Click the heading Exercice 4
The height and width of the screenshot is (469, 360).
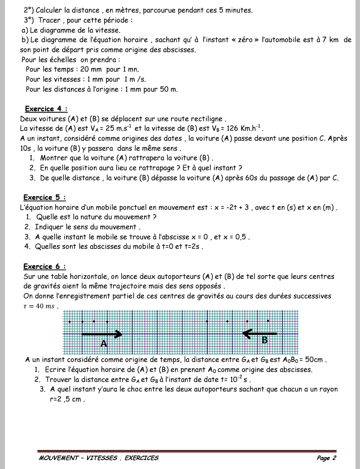pos(46,109)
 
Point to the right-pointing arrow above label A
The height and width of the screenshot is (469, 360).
pos(102,333)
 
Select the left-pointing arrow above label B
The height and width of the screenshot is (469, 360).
pos(260,333)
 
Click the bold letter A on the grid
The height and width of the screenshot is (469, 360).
pos(104,344)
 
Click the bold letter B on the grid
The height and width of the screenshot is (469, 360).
pos(265,340)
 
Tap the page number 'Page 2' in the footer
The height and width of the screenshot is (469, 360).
pos(326,457)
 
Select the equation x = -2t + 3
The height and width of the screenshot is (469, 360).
pos(233,207)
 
